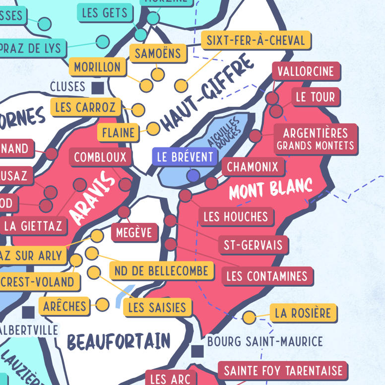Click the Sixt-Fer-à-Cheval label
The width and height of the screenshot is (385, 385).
click(256, 40)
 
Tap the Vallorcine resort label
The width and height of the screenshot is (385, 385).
click(306, 71)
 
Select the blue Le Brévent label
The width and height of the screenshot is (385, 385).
click(185, 157)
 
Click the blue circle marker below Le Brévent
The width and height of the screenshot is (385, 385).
click(193, 176)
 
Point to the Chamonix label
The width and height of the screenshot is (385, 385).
click(253, 167)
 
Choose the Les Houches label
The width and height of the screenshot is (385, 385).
click(236, 216)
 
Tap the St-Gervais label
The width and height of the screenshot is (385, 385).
click(253, 245)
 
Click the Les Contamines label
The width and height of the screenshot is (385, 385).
click(267, 276)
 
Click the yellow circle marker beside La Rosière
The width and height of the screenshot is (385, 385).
click(250, 316)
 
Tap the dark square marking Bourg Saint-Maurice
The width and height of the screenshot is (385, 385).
click(198, 351)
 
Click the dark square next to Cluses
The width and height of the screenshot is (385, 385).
click(98, 88)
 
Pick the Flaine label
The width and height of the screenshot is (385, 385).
click(118, 132)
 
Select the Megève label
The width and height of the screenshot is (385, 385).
click(134, 232)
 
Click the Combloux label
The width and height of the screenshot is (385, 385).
click(100, 158)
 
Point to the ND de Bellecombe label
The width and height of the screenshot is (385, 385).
click(161, 271)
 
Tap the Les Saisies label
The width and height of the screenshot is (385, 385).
click(157, 308)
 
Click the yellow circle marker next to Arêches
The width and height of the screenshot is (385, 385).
click(102, 304)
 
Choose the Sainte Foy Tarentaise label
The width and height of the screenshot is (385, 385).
click(283, 371)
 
